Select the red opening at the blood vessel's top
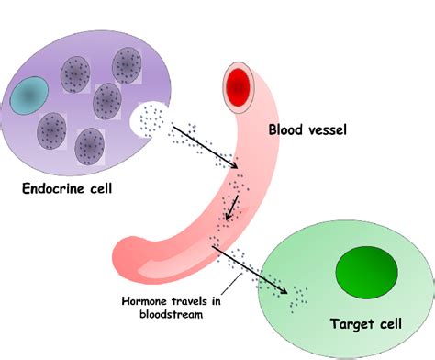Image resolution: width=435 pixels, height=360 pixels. point(238,88)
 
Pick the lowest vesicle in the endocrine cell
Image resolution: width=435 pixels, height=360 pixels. point(89,145)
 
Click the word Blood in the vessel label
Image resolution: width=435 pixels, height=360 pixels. point(287,129)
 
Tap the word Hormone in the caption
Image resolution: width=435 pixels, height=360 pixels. point(147,299)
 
